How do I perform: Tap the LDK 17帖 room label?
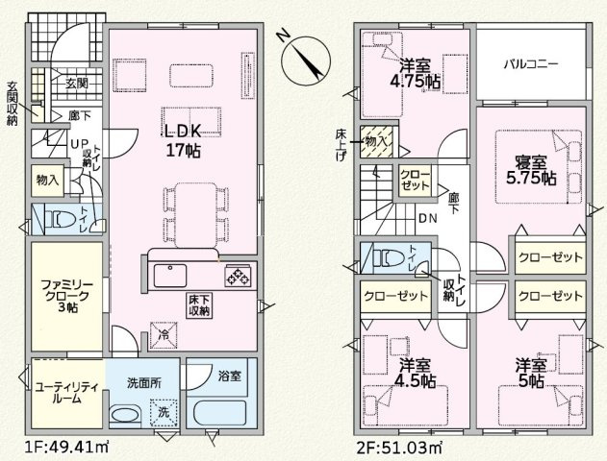(183, 140)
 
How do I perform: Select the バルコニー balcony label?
(531, 63)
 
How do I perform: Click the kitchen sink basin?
(170, 275)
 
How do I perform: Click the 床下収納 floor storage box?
(199, 305)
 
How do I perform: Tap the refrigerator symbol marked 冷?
(164, 334)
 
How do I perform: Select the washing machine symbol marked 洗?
(164, 412)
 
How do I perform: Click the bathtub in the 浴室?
(220, 414)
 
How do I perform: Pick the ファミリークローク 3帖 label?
(67, 297)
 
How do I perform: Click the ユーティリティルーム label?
(66, 393)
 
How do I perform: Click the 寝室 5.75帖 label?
(531, 170)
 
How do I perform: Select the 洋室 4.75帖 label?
(415, 74)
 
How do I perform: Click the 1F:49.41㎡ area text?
(66, 448)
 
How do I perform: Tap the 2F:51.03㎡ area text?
(398, 448)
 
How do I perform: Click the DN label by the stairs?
(428, 218)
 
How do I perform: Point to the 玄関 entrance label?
(77, 84)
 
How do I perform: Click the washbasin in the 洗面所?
(125, 415)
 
